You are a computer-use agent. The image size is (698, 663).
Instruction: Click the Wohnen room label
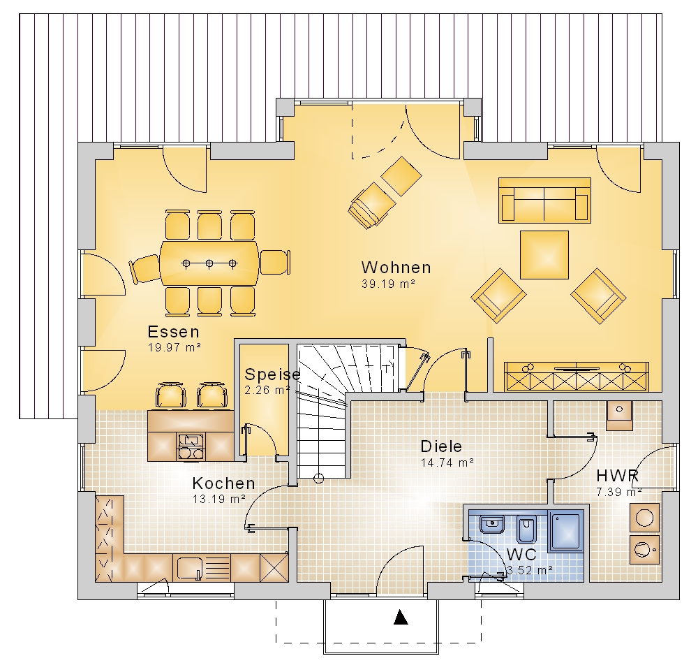tap(396, 268)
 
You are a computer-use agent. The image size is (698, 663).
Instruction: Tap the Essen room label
tap(174, 332)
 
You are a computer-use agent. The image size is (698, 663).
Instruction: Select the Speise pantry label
tap(272, 374)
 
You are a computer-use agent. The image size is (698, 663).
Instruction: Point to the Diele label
tap(441, 446)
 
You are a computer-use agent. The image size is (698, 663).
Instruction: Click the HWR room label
tap(618, 475)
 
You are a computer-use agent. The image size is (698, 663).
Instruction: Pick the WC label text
tap(521, 554)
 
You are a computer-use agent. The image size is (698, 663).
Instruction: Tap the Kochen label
tap(224, 483)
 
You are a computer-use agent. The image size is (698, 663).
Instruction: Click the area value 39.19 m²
tap(388, 284)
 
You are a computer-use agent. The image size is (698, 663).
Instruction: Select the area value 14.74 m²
tap(447, 462)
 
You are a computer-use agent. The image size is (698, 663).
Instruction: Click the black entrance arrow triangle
tap(401, 617)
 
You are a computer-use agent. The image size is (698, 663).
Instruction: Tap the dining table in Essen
tap(209, 263)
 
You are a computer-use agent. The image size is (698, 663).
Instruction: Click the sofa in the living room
tap(545, 201)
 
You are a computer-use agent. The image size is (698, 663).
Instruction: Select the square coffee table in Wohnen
tap(544, 255)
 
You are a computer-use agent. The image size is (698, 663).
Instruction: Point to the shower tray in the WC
tap(566, 532)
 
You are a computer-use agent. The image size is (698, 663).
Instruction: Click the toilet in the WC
tap(528, 530)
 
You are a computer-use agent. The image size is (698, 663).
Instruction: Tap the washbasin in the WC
tap(492, 525)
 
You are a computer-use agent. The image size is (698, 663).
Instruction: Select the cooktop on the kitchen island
tap(191, 447)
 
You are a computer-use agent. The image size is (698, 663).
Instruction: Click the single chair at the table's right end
tap(275, 263)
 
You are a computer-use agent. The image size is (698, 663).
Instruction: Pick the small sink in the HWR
tap(619, 415)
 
